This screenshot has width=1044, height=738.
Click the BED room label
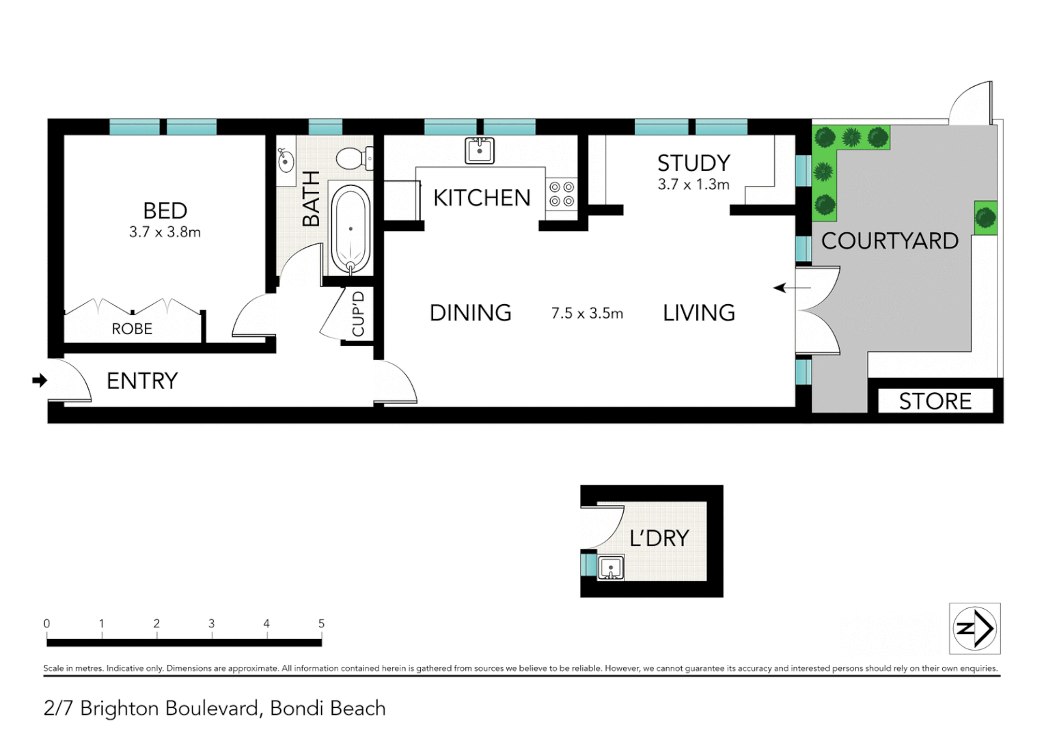[165, 210]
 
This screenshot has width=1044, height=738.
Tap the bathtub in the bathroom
[351, 230]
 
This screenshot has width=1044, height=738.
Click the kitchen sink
[480, 150]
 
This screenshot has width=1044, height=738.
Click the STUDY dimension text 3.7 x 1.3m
[693, 184]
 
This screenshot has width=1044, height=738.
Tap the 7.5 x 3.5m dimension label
[587, 314]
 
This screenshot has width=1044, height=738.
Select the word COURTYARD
[890, 241]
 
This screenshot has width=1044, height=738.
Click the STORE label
[935, 401]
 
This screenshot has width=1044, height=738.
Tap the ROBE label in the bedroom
[132, 329]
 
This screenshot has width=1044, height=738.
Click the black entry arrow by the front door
[40, 381]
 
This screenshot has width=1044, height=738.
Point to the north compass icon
[975, 629]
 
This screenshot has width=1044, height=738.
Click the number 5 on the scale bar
[321, 623]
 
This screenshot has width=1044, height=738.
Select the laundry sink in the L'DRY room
[610, 568]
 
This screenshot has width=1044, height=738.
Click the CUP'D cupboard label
[358, 314]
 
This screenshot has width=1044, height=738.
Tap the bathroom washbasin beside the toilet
[286, 161]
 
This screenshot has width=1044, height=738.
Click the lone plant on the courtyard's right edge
[985, 218]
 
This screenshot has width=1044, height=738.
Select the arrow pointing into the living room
[791, 288]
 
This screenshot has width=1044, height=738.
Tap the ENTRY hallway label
[142, 381]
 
